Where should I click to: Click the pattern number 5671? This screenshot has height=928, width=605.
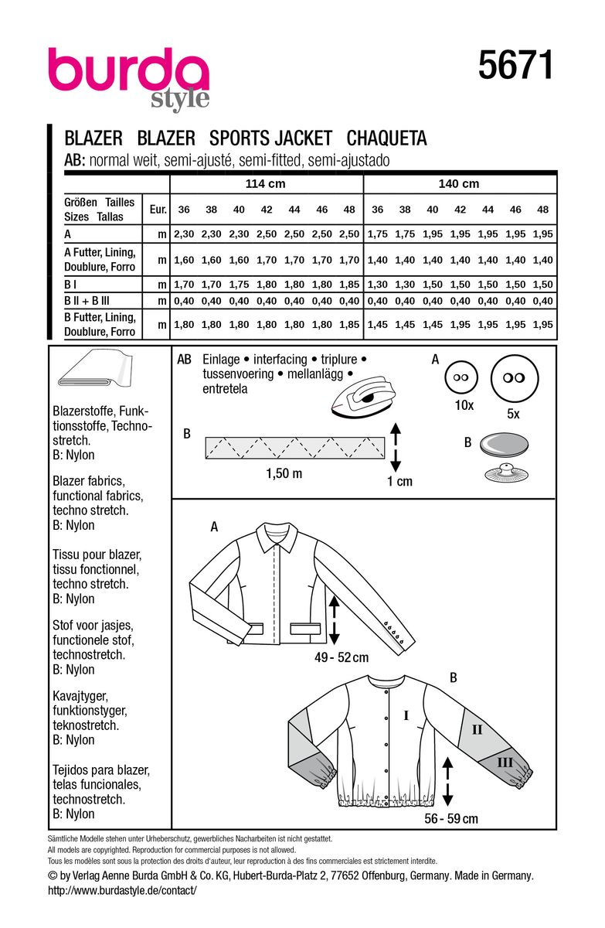pos(515,66)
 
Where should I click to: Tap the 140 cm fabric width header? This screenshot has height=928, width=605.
pos(459,183)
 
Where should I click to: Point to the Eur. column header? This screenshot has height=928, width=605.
pos(157,210)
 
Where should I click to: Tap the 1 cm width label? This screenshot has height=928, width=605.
pos(399,481)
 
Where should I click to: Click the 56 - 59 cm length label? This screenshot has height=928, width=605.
pos(450,818)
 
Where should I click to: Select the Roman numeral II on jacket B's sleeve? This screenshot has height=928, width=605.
pos(477,728)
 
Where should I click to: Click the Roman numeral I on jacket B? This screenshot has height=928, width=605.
pos(406,716)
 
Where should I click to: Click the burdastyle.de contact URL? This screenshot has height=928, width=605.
pos(122,891)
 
